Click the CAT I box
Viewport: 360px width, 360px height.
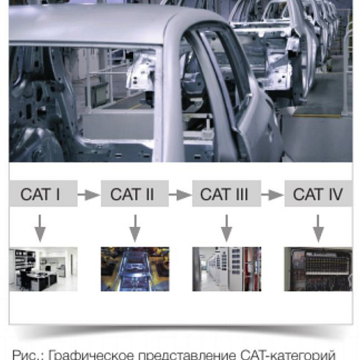pos(43,193)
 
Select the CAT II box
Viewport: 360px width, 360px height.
pos(134,193)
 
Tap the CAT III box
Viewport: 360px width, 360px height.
pos(226,193)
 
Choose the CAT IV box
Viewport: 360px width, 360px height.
pos(318,193)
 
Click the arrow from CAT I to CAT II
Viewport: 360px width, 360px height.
pos(89,195)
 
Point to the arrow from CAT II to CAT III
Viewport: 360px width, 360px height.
pos(181,195)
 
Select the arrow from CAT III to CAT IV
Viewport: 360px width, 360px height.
pos(273,195)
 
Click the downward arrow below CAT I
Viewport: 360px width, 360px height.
pos(40,228)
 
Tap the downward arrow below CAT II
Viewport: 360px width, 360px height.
pos(135,228)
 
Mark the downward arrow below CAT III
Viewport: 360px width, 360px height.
pos(226,228)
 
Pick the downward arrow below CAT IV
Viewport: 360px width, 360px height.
pos(318,228)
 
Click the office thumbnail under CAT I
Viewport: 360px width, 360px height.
pos(43,269)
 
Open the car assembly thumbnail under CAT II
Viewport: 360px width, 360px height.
pos(135,269)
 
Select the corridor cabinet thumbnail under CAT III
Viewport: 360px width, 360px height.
pos(226,269)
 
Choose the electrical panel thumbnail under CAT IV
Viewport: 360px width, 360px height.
pos(318,269)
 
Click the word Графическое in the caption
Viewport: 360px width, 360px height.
pos(91,355)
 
